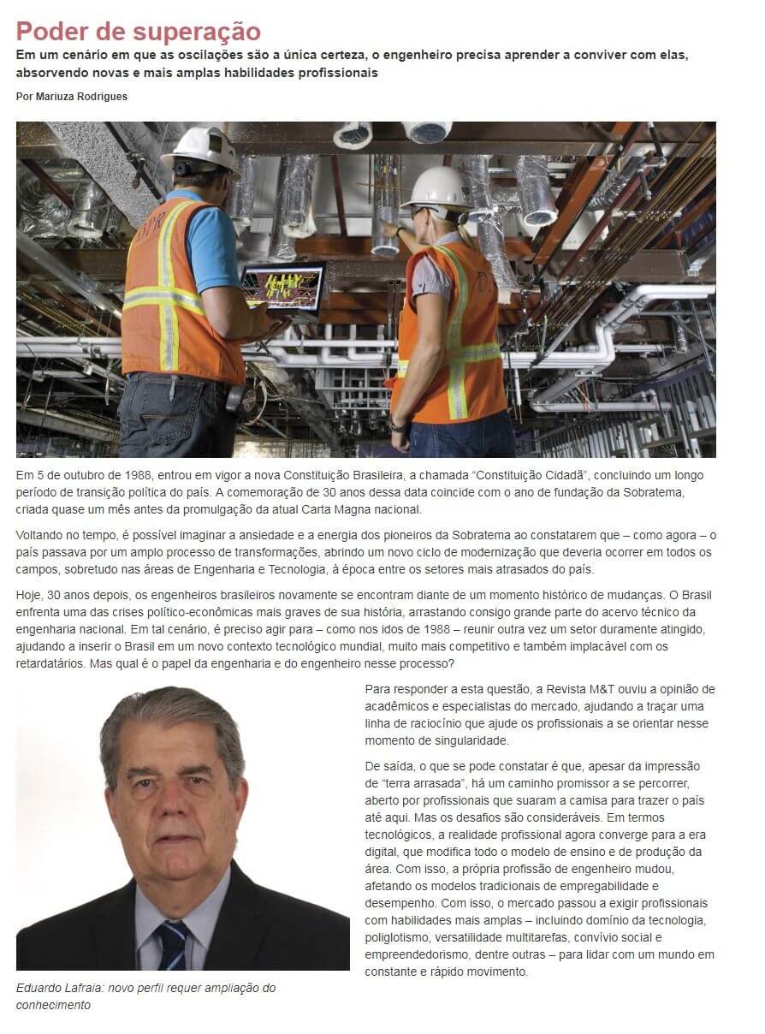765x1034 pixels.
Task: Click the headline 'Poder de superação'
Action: (x=138, y=31)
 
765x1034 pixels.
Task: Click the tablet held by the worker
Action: (x=282, y=287)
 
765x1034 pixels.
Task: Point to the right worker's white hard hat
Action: (x=438, y=187)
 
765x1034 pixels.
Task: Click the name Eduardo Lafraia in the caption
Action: (x=56, y=988)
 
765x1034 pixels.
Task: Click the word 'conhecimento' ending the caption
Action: (x=53, y=1005)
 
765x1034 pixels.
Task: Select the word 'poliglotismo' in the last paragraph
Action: (x=399, y=937)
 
